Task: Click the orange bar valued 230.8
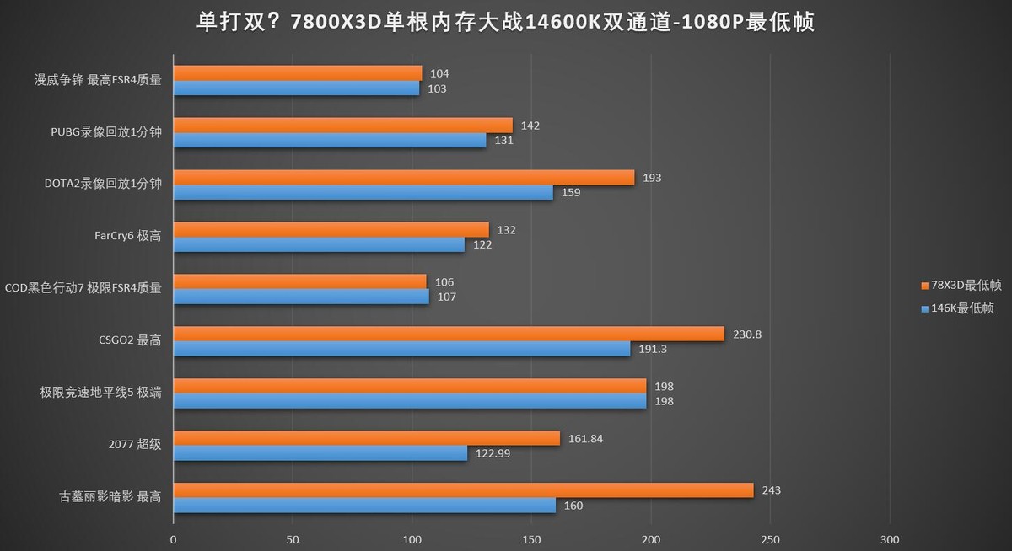click(449, 334)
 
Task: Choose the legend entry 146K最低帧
click(956, 308)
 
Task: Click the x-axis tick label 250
click(770, 539)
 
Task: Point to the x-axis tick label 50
click(293, 539)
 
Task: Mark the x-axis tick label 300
click(890, 539)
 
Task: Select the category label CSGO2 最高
click(130, 341)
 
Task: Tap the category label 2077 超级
click(135, 446)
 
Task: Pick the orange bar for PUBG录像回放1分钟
click(343, 126)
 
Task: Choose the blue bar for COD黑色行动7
click(301, 297)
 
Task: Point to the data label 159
click(570, 192)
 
